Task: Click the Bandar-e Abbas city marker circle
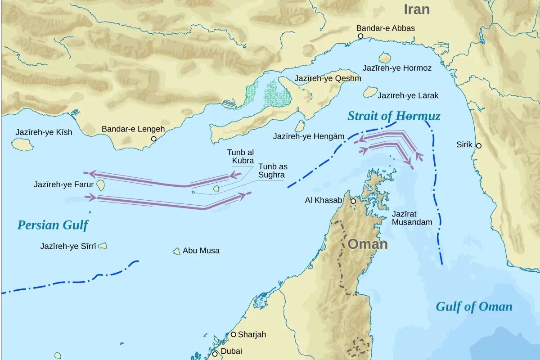pyautogui.click(x=360, y=36)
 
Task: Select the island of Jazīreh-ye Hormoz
pyautogui.click(x=385, y=58)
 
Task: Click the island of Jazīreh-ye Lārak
pyautogui.click(x=370, y=93)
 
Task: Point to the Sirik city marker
pyautogui.click(x=479, y=146)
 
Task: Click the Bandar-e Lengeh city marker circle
pyautogui.click(x=153, y=139)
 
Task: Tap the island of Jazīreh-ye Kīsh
pyautogui.click(x=20, y=144)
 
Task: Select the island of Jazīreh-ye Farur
pyautogui.click(x=101, y=185)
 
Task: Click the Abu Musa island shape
pyautogui.click(x=177, y=251)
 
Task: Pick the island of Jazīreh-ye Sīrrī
pyautogui.click(x=103, y=246)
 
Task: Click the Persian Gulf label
pyautogui.click(x=53, y=225)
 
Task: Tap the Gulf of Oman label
pyautogui.click(x=474, y=307)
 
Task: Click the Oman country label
pyautogui.click(x=368, y=244)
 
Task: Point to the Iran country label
pyautogui.click(x=416, y=9)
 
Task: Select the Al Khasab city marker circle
pyautogui.click(x=353, y=201)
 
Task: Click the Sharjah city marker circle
pyautogui.click(x=234, y=334)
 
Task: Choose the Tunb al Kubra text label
pyautogui.click(x=240, y=157)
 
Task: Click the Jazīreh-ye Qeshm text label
pyautogui.click(x=328, y=78)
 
